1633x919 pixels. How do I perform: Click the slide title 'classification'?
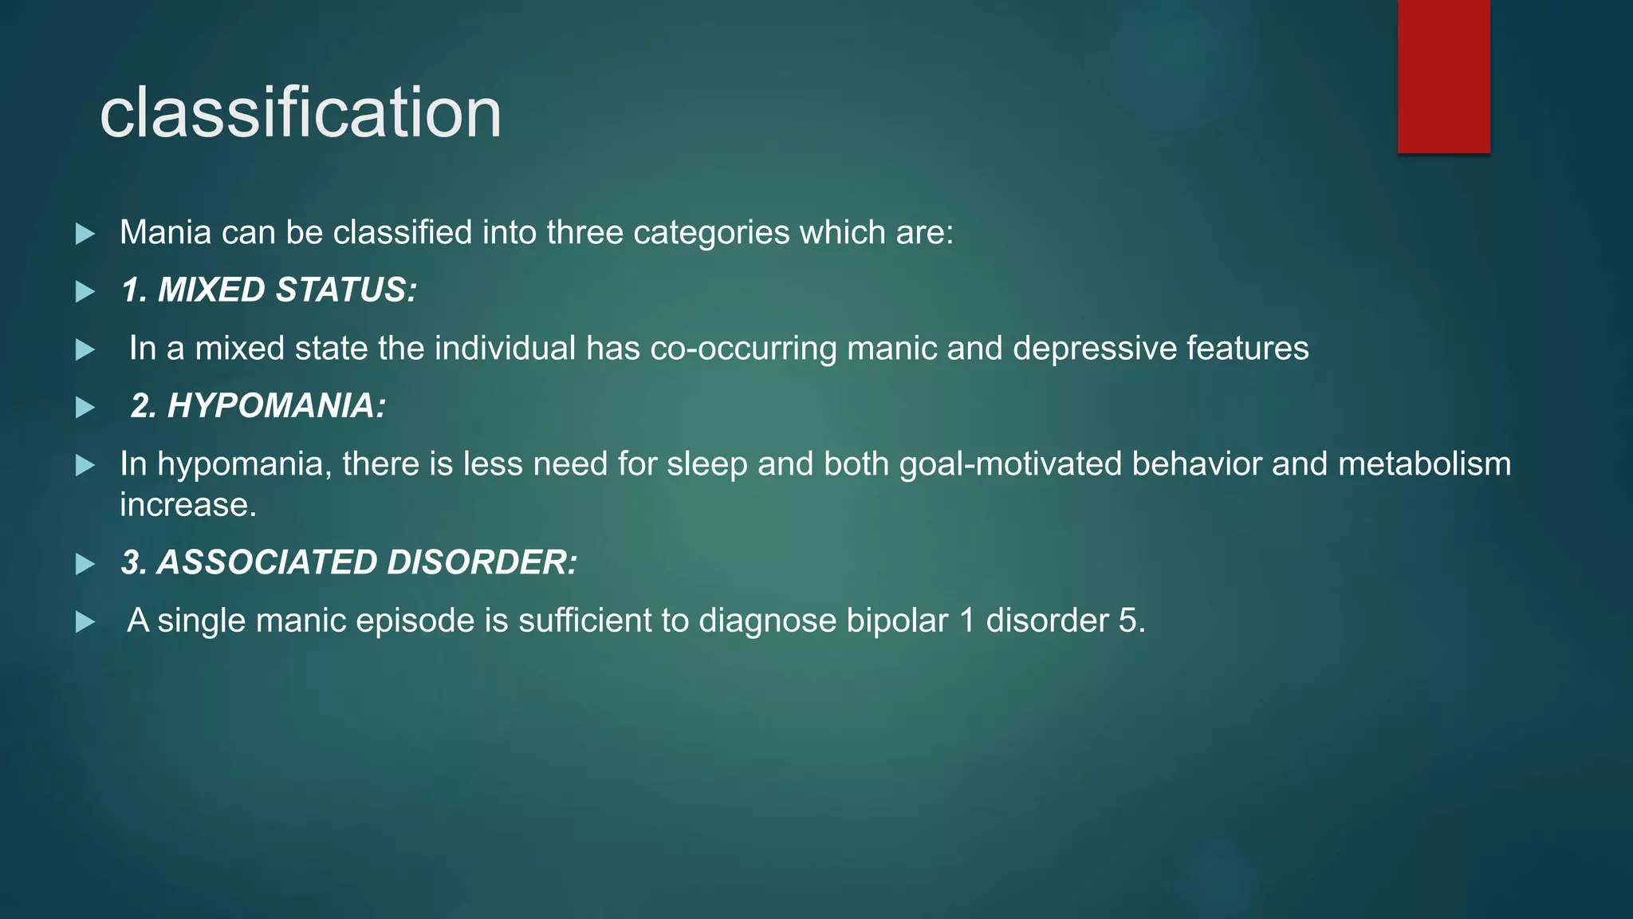tap(301, 113)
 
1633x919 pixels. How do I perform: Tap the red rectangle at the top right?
tap(1443, 77)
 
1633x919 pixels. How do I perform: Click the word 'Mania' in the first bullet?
tap(165, 233)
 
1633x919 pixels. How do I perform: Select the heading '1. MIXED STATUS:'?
tap(269, 290)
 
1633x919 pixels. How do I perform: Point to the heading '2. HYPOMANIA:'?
tap(258, 406)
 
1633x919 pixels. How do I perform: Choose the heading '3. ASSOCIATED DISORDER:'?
tap(348, 562)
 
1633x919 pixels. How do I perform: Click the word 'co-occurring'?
tap(743, 349)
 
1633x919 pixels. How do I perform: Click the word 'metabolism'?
tap(1424, 464)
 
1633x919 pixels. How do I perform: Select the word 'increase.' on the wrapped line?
tap(188, 505)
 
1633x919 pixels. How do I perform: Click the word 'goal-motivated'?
tap(1010, 464)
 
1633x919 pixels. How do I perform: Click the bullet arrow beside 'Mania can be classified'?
tap(85, 234)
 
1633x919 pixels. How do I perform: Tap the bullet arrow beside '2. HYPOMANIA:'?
tap(85, 408)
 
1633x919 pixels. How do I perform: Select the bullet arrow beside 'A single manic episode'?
tap(85, 622)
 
